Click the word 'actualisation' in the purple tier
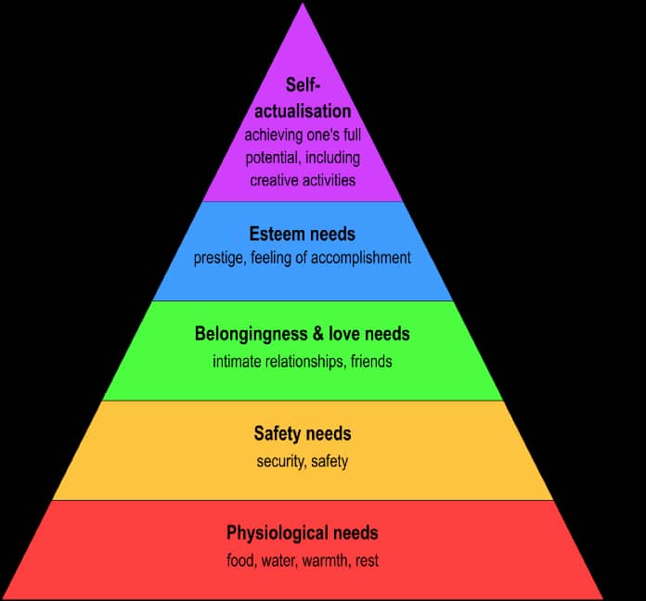click(x=303, y=112)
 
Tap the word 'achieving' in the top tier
click(x=276, y=135)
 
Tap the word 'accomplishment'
click(x=362, y=258)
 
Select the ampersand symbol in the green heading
click(x=308, y=334)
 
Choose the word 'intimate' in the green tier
click(x=238, y=361)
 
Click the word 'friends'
click(x=370, y=361)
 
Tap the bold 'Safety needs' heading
click(x=303, y=433)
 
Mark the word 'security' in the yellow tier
click(x=279, y=461)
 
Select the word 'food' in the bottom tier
click(x=240, y=561)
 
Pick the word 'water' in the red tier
click(x=278, y=561)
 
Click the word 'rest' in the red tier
click(x=367, y=561)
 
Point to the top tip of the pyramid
click(x=303, y=5)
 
